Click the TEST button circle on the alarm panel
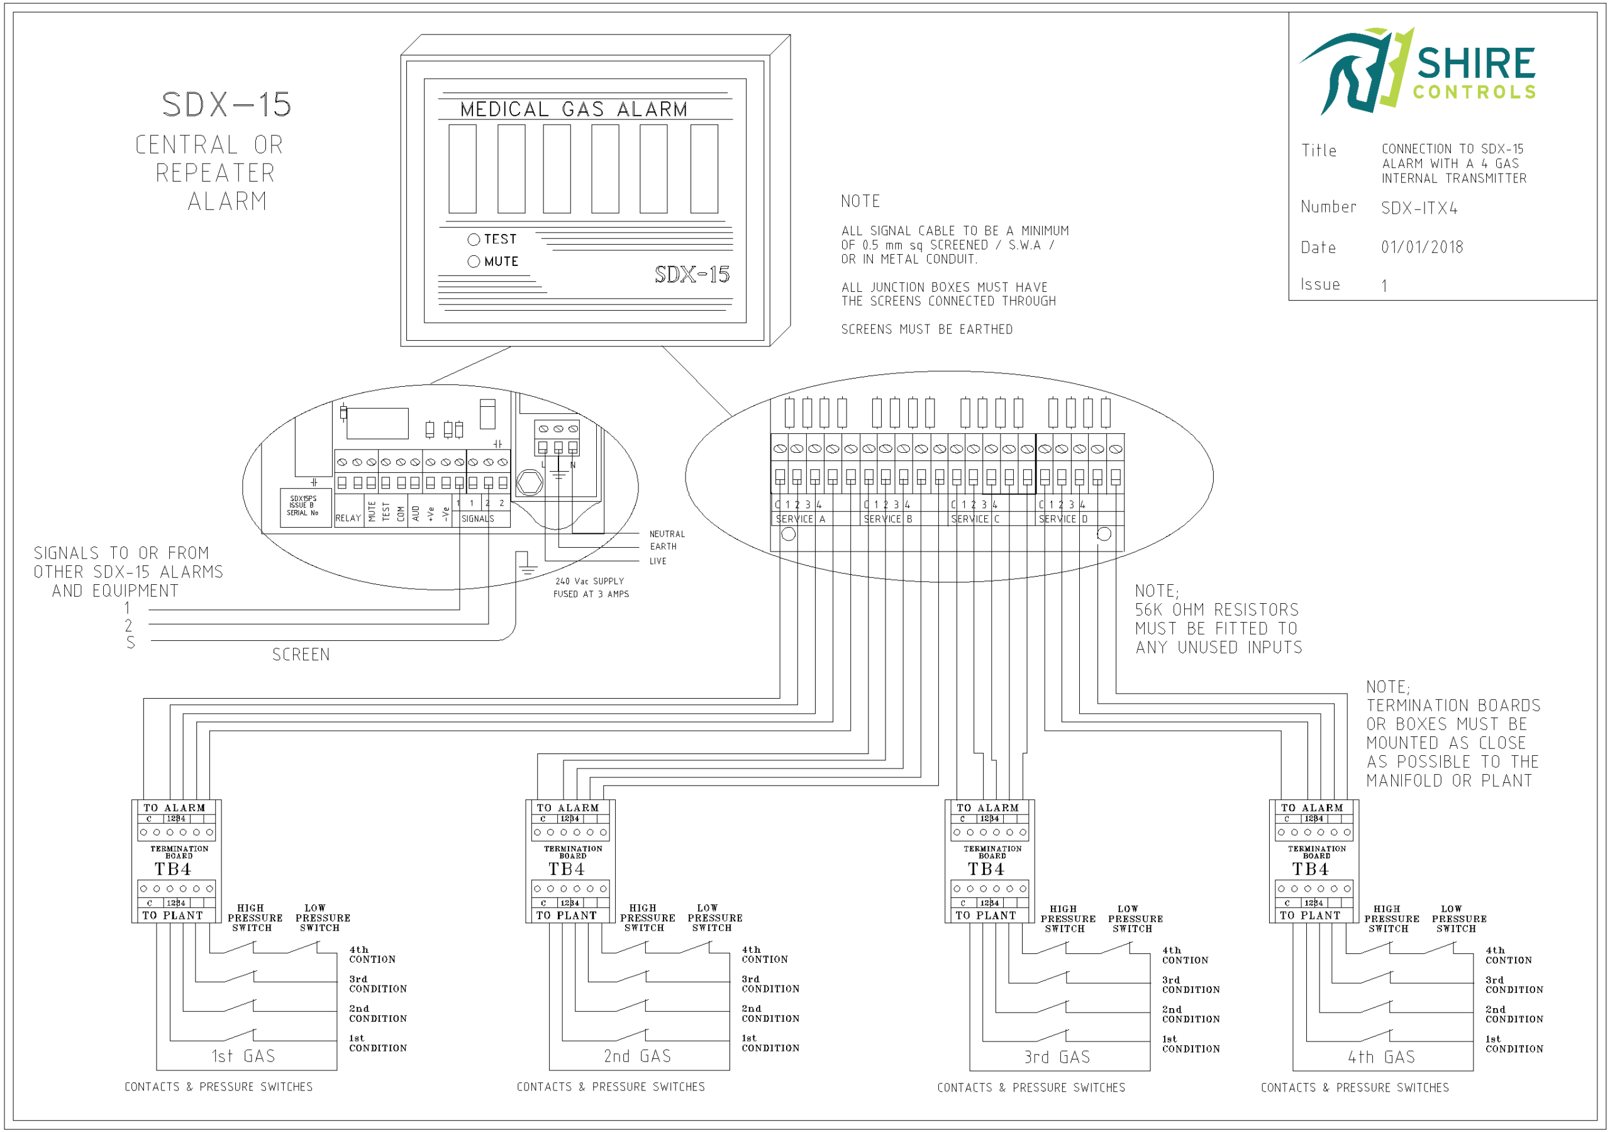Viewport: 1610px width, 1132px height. click(474, 240)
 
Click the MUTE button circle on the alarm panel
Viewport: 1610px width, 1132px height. click(474, 262)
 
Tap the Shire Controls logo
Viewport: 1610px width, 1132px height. click(1417, 71)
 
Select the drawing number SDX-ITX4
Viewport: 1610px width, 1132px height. click(1419, 208)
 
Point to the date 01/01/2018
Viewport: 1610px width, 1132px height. click(1422, 248)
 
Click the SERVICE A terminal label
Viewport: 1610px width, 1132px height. click(800, 519)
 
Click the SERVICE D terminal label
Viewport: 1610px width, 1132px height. click(1063, 519)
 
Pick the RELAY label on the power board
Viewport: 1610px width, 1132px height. click(348, 518)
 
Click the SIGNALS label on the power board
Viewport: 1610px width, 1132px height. click(477, 519)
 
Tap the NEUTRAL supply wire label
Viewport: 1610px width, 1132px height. click(667, 535)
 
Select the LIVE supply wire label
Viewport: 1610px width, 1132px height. click(658, 561)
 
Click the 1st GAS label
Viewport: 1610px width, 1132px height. click(243, 1057)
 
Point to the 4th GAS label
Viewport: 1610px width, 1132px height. click(1380, 1057)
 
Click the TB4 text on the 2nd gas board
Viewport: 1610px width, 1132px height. click(567, 870)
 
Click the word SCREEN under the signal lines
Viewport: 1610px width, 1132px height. click(301, 655)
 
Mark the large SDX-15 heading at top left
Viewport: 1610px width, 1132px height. click(226, 105)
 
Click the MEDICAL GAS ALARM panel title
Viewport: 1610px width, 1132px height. click(574, 109)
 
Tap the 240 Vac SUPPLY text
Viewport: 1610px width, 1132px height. click(590, 582)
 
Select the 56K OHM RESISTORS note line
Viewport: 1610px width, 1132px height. click(1216, 610)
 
